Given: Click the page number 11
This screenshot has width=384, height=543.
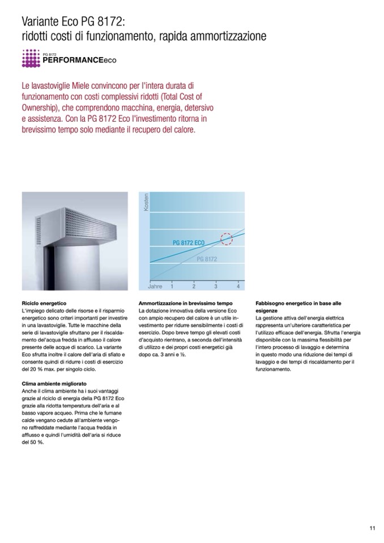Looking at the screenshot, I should (x=373, y=529).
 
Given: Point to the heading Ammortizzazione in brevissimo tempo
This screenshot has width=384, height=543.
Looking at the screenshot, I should (x=178, y=303).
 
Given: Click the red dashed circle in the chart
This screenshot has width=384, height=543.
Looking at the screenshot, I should (x=226, y=238).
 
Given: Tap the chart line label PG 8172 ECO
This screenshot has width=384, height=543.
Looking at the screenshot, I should (x=189, y=242).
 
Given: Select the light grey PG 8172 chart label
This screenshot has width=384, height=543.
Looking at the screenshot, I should (x=207, y=259).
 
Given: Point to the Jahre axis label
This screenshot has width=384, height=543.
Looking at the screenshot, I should (x=155, y=287).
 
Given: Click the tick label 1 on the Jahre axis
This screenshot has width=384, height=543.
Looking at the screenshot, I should (x=172, y=287).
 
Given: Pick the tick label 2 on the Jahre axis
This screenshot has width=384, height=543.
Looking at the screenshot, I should (x=194, y=287).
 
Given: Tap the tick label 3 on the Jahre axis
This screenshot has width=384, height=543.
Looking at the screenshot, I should (x=216, y=287).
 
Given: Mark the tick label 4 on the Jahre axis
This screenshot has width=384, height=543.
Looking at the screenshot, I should (x=238, y=287).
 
